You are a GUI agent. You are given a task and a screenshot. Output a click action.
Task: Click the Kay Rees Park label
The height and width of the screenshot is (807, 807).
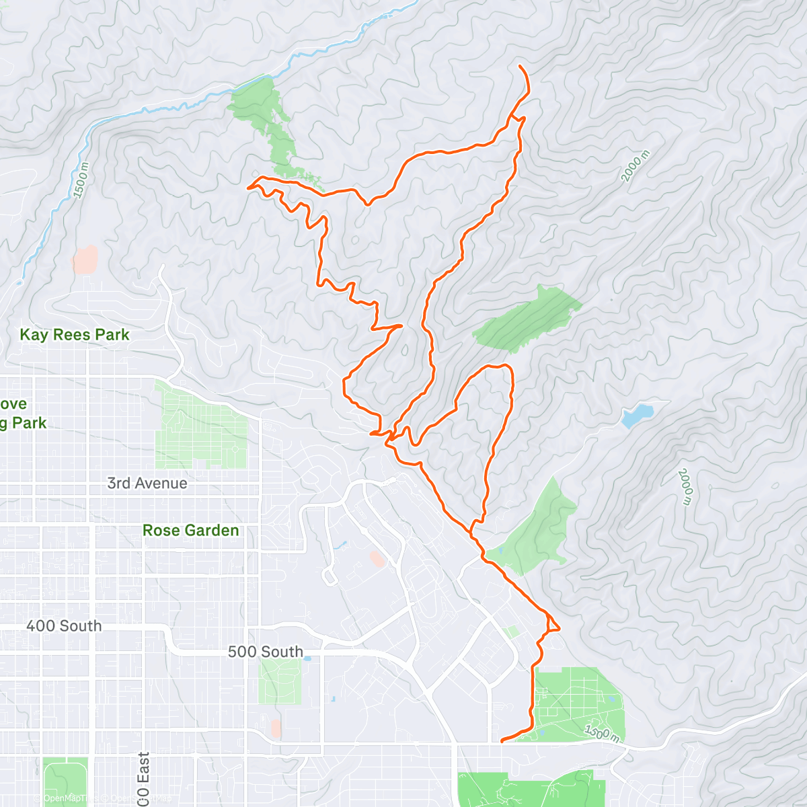pos(74,335)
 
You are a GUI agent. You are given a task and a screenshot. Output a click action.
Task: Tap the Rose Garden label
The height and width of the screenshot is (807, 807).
pos(190,531)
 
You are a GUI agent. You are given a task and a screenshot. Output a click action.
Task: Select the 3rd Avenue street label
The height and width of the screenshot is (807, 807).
pos(147,484)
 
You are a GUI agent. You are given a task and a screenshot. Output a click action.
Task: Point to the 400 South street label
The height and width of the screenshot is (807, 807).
pos(64,626)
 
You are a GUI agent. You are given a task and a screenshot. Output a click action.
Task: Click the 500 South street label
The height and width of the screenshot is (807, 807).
pos(265,652)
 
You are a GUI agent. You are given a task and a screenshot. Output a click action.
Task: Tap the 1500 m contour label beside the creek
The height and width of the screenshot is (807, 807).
pos(81,180)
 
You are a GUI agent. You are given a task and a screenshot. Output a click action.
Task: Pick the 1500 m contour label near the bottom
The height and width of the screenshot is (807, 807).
pos(602,732)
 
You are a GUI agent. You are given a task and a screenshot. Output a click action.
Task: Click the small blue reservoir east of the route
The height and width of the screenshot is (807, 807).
pos(636,415)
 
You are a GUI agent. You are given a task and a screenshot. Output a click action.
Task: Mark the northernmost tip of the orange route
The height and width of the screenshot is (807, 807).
pos(521,66)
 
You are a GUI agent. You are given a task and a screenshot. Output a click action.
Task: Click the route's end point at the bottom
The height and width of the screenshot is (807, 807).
pos(502,742)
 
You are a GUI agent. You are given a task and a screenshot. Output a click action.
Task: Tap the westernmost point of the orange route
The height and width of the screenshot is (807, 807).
pos(248,187)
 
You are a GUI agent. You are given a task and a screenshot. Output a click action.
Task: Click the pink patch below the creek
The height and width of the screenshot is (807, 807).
pos(85,260)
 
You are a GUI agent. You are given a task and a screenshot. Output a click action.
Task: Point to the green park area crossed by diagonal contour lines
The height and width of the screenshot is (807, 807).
pos(526,318)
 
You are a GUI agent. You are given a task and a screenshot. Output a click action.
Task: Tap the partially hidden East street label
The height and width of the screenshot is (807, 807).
pos(143,780)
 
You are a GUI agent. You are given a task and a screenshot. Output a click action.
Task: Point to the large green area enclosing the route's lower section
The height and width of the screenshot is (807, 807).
pos(578,703)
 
